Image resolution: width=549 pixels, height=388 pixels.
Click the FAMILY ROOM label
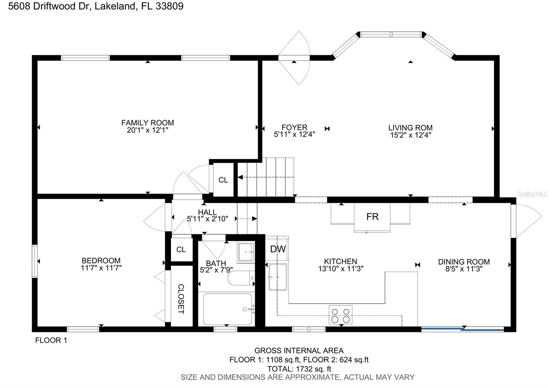coord(148,123)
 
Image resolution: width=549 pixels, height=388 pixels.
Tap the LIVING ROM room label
coord(410,128)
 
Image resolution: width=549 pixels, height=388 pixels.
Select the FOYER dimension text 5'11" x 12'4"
coord(294,135)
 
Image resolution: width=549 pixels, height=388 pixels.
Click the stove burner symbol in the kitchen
coord(340,315)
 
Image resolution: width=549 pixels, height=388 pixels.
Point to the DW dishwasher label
coord(278,249)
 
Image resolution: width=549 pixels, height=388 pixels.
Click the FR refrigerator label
coord(372,217)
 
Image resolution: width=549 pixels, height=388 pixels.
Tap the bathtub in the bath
coord(227,309)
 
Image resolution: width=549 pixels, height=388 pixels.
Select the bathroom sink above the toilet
coord(246,252)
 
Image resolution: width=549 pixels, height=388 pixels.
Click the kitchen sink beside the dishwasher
coord(278,277)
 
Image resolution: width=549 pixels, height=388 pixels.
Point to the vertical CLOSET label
coord(181,299)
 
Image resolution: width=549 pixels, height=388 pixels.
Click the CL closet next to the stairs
coord(223,180)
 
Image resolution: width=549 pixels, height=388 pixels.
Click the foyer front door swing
coord(294,58)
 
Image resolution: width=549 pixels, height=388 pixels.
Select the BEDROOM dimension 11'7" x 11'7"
coord(101,268)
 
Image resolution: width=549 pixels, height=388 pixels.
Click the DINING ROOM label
coord(464,262)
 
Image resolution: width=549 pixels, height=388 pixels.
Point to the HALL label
coord(207,212)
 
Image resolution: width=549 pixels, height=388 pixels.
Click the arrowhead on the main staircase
coord(240,178)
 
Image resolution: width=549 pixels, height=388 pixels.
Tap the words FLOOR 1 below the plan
coord(51,340)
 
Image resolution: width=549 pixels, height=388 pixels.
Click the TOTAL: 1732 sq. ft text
coord(299,369)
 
